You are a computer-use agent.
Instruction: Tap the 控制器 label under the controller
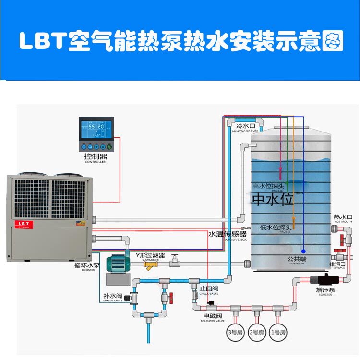(x=95, y=156)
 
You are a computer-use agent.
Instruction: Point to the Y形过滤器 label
(x=150, y=255)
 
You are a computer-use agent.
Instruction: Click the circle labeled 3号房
(x=235, y=332)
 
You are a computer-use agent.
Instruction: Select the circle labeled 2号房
(x=257, y=332)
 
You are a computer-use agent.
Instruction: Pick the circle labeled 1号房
(x=279, y=332)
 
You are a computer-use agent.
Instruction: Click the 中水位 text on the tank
(x=273, y=199)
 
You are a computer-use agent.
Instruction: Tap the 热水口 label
(x=343, y=217)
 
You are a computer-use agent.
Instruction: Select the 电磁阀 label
(x=212, y=316)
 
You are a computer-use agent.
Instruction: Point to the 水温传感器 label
(x=227, y=234)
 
